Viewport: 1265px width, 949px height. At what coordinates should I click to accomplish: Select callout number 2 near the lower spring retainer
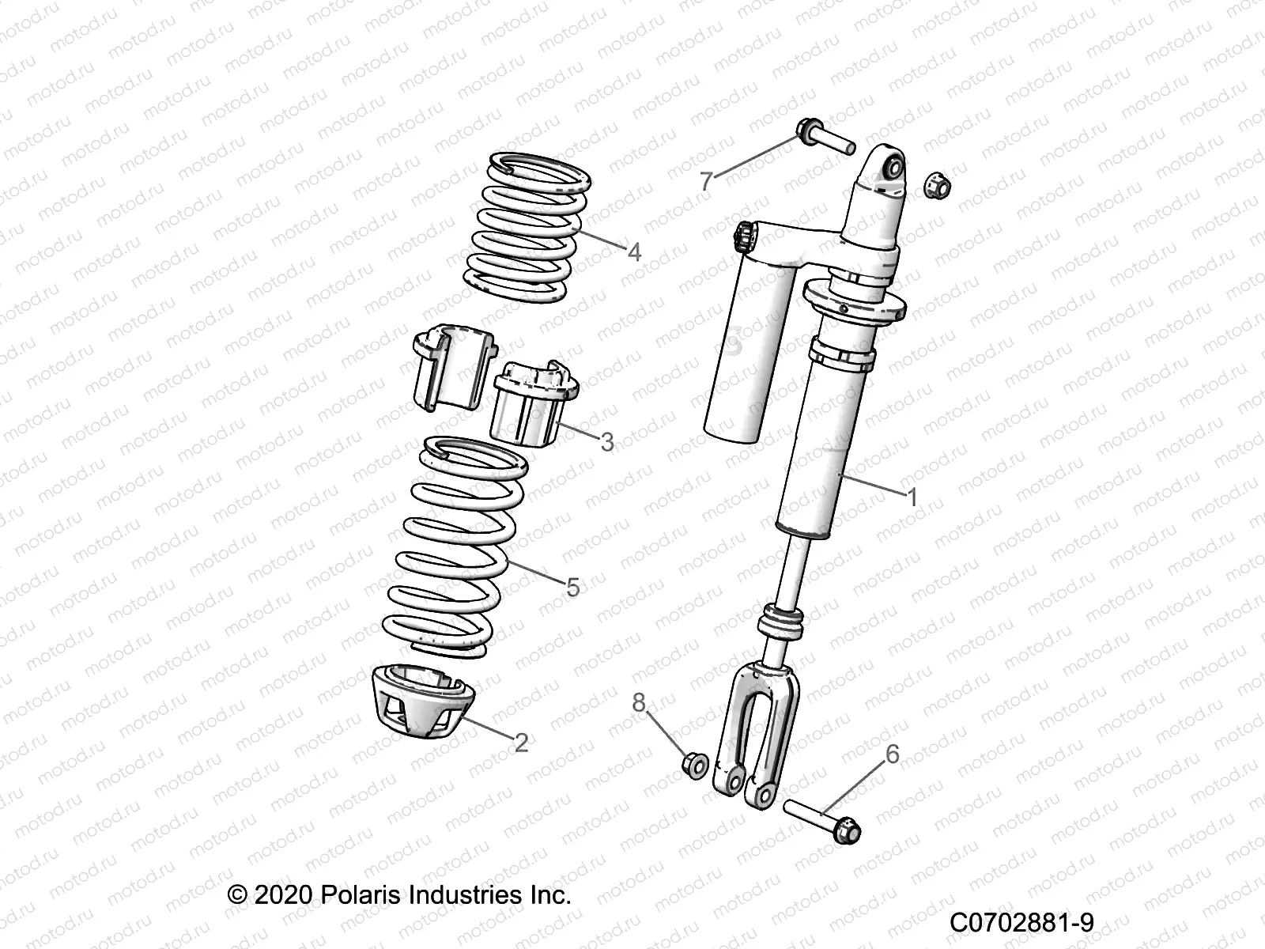tap(521, 742)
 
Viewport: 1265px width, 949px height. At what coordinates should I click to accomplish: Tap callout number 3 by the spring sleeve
tap(606, 441)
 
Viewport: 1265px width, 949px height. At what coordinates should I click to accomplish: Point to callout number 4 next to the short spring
tap(633, 252)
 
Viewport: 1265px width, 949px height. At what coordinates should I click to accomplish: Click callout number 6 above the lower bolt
tap(892, 754)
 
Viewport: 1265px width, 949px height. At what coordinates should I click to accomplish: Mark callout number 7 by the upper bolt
tap(707, 180)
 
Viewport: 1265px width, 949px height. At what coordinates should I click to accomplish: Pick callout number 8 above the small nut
tap(639, 701)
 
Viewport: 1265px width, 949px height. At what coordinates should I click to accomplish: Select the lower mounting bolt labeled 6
tap(822, 819)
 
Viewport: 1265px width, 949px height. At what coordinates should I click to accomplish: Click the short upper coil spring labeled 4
tap(523, 229)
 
